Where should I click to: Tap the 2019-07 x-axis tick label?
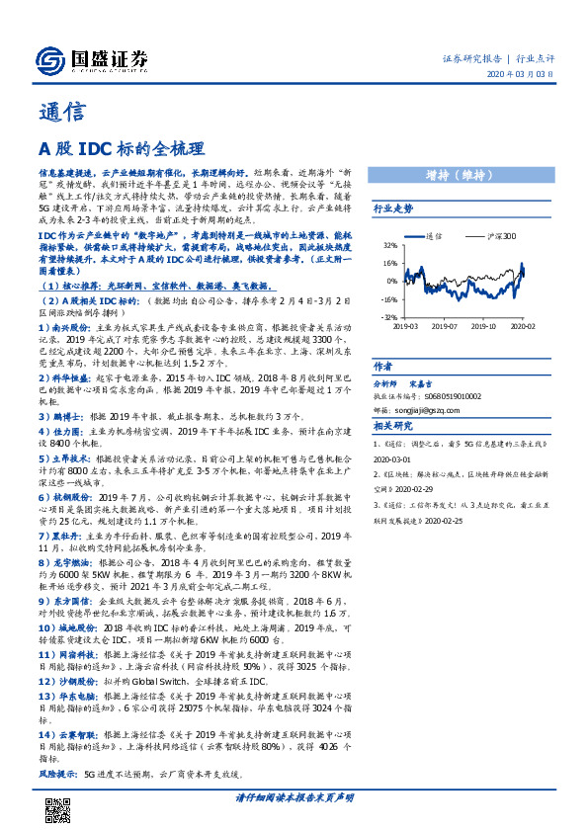(x=451, y=324)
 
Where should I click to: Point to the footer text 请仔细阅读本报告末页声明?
(x=294, y=797)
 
